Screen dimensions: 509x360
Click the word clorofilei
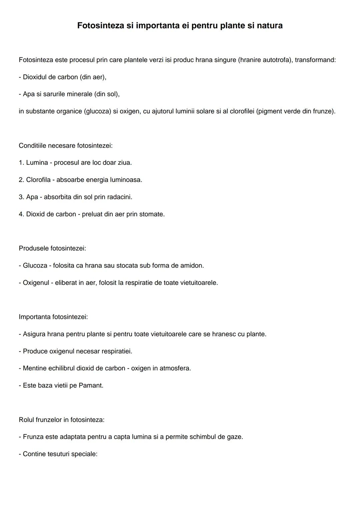point(242,111)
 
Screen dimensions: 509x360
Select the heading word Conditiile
point(32,146)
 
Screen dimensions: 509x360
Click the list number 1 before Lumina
point(21,163)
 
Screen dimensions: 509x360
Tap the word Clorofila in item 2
point(38,180)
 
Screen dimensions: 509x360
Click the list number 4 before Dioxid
point(21,214)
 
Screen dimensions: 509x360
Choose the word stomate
point(152,214)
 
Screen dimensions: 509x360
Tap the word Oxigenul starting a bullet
point(36,283)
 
